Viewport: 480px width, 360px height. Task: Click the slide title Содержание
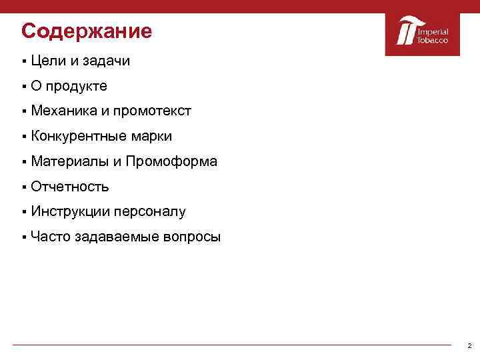[x=87, y=31]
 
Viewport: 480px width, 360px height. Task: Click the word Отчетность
[x=69, y=187]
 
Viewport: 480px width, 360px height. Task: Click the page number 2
[x=469, y=346]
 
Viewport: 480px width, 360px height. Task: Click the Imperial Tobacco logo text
[x=433, y=36]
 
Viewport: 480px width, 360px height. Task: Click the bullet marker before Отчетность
[x=23, y=187]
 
